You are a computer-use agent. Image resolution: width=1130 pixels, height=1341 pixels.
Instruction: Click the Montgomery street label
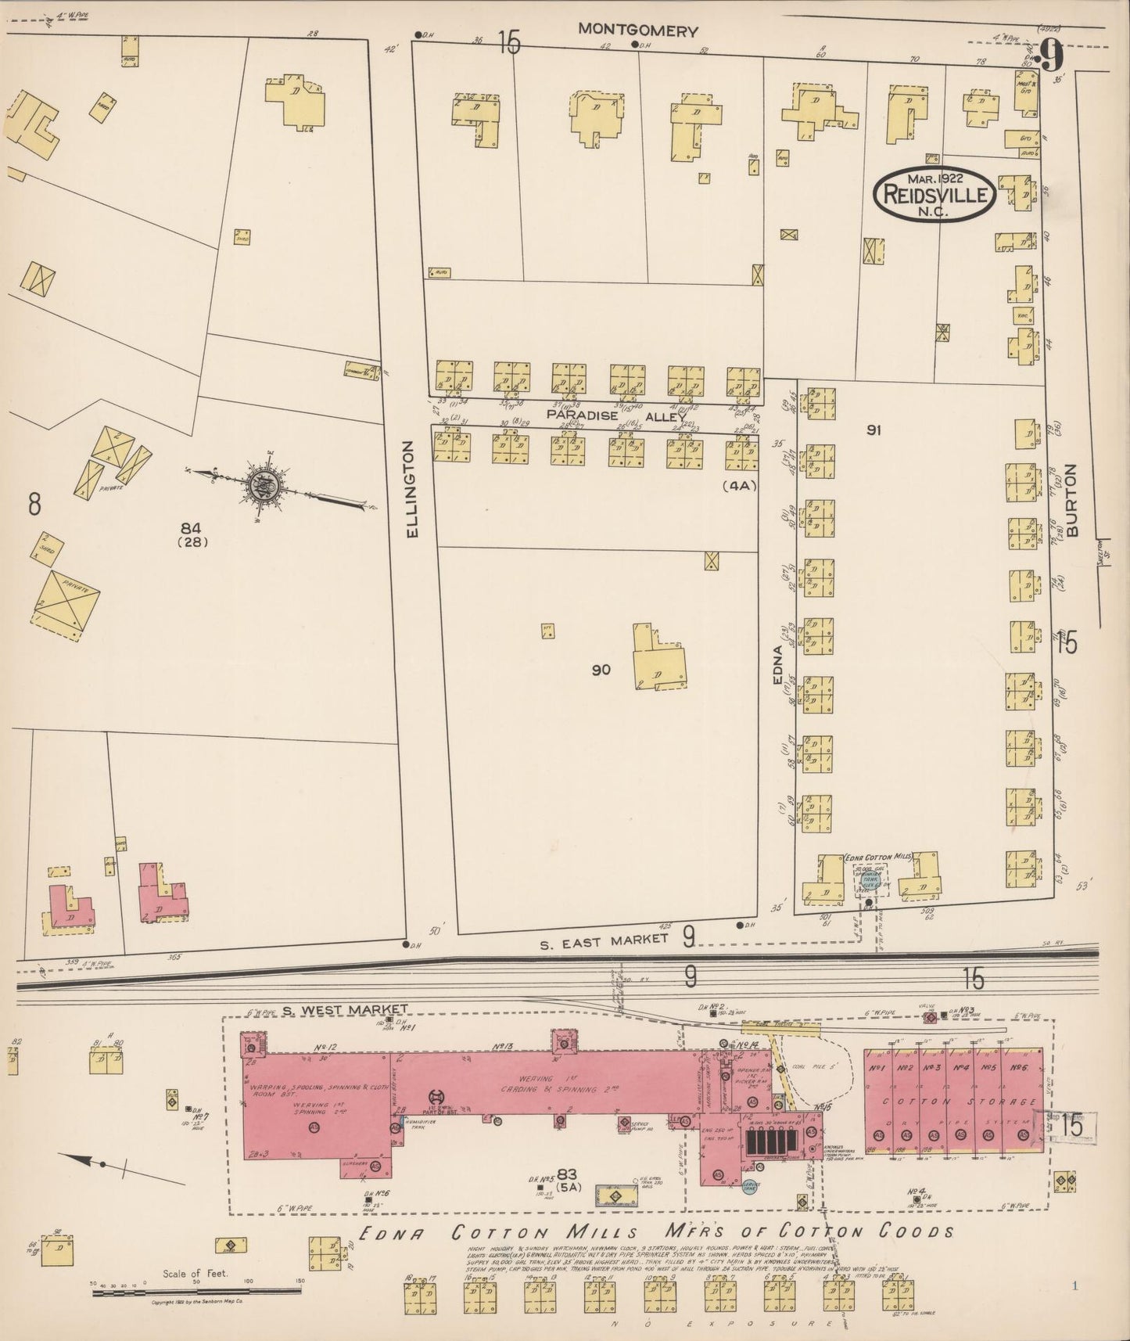click(637, 31)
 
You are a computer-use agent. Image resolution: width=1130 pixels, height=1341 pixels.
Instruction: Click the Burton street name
click(1071, 500)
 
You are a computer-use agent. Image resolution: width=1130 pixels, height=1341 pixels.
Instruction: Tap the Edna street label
click(777, 664)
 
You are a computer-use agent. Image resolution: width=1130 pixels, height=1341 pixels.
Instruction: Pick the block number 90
click(601, 670)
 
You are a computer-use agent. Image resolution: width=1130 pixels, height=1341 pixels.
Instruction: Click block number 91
click(874, 429)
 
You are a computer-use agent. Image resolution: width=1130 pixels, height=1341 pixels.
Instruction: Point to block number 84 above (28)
click(190, 525)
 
